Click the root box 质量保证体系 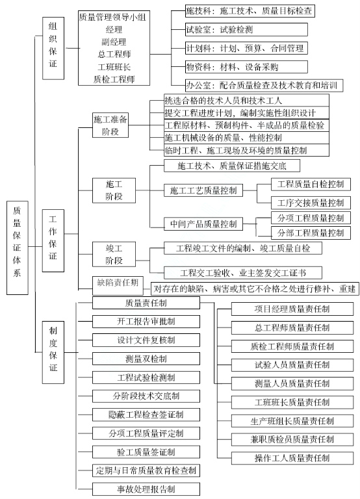click(17, 248)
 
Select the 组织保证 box click(53, 48)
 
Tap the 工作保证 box click(53, 240)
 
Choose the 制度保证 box click(53, 352)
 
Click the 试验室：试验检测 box click(246, 30)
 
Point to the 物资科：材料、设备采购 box click(246, 67)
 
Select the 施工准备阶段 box click(110, 125)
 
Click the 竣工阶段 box click(114, 254)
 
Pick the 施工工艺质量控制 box click(203, 190)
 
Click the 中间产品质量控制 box click(203, 224)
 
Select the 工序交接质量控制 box click(311, 203)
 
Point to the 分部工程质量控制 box click(311, 233)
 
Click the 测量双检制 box click(146, 359)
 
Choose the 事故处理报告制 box click(146, 489)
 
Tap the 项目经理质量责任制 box click(292, 309)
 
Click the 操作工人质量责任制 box click(292, 458)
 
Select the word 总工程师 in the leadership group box click(114, 55)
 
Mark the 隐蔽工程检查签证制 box click(146, 415)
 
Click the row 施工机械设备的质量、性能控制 click(246, 138)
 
